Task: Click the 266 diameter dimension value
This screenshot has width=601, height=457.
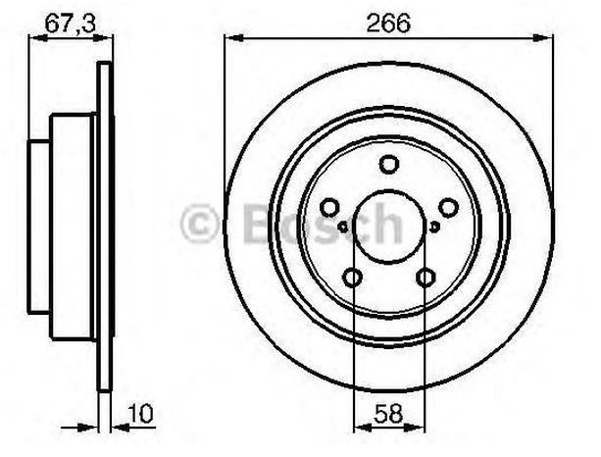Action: (388, 23)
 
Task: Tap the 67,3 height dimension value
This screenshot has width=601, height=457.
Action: (70, 23)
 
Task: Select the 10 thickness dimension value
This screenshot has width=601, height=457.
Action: (140, 413)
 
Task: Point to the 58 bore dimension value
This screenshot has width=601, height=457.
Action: (388, 414)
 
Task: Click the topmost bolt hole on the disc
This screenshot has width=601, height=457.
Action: (388, 164)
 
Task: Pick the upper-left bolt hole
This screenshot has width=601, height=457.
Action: (329, 207)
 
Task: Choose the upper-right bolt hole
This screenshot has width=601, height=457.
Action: (448, 207)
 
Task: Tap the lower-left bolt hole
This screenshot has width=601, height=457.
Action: (352, 278)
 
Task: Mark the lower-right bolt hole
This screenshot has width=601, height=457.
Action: (426, 278)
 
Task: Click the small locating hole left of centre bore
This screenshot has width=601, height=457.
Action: (343, 227)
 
